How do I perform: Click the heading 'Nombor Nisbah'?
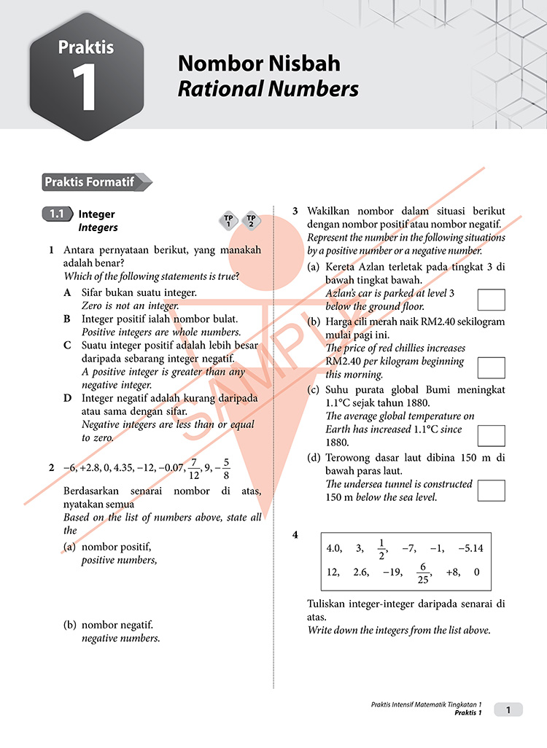[x=259, y=63]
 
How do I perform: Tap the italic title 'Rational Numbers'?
[x=268, y=89]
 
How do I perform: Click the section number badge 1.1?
[x=57, y=214]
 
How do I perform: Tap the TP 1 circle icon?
[x=228, y=221]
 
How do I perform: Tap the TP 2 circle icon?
[x=251, y=221]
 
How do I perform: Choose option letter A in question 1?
[x=67, y=292]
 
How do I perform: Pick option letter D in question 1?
[x=67, y=399]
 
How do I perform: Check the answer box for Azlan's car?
[x=491, y=300]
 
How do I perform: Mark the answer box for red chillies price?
[x=491, y=367]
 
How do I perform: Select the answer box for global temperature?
[x=491, y=435]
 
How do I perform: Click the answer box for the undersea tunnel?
[x=491, y=490]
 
